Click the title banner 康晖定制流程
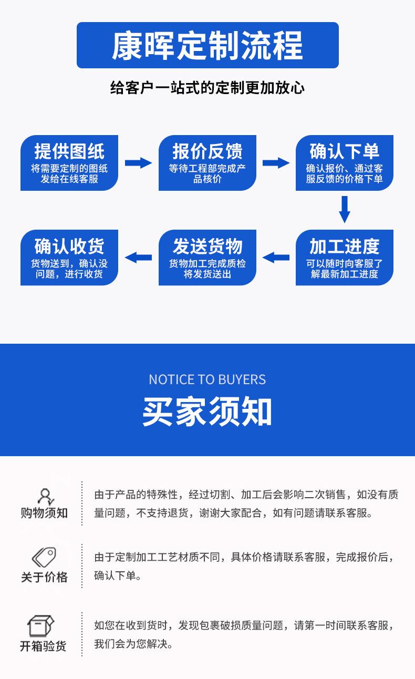click(x=207, y=45)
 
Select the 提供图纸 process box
click(x=69, y=163)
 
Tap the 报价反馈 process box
click(x=207, y=163)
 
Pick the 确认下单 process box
click(x=344, y=163)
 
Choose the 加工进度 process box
click(x=344, y=258)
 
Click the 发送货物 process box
click(x=207, y=258)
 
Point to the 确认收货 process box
click(x=69, y=258)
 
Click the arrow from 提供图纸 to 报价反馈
click(x=138, y=163)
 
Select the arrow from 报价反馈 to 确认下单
click(x=276, y=163)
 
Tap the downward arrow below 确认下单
click(x=345, y=209)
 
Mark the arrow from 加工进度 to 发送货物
click(x=276, y=258)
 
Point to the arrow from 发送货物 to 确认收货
click(x=138, y=258)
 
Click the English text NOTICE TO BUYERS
click(x=207, y=379)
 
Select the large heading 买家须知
click(x=207, y=412)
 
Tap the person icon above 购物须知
click(x=45, y=496)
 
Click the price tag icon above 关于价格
click(x=44, y=557)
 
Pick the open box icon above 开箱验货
click(x=42, y=625)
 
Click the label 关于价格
click(x=44, y=577)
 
